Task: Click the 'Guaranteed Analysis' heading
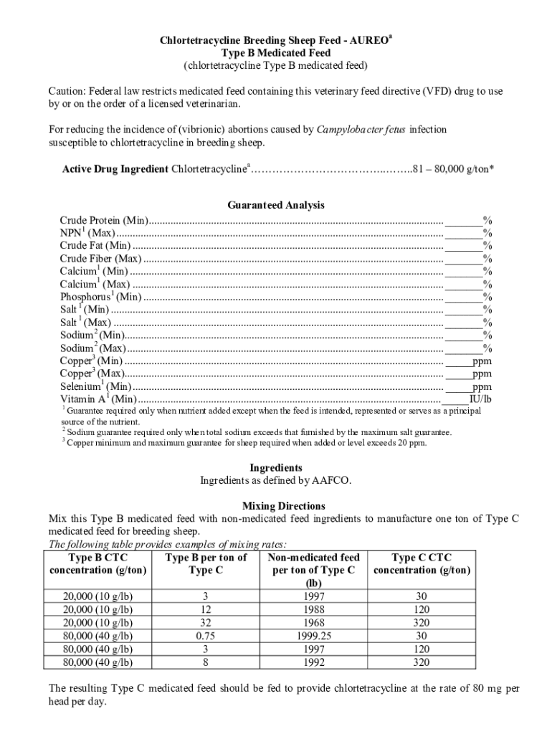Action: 276,205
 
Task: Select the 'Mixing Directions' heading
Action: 276,506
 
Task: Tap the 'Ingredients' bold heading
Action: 276,467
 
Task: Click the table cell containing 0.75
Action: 205,636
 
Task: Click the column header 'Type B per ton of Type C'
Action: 205,563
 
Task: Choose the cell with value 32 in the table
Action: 205,622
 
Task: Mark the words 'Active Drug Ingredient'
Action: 115,169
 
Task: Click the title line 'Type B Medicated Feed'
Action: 276,53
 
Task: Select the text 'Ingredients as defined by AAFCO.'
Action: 276,480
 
